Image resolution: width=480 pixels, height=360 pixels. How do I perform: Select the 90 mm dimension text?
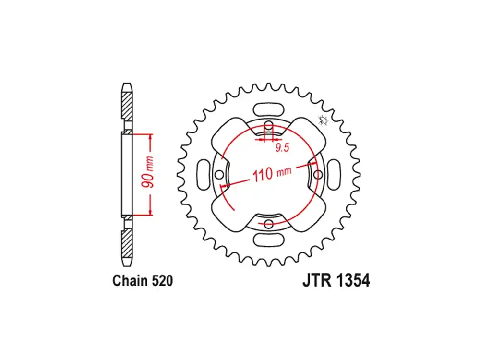pyautogui.click(x=147, y=172)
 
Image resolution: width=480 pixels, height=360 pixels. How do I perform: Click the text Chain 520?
pyautogui.click(x=143, y=281)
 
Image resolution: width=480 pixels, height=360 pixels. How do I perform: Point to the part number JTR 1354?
pyautogui.click(x=336, y=280)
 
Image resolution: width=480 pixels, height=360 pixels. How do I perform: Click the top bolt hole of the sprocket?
pyautogui.click(x=269, y=125)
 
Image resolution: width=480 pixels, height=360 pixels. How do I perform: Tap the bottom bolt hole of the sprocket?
pyautogui.click(x=268, y=224)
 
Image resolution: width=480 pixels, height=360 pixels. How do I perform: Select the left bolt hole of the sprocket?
pyautogui.click(x=219, y=175)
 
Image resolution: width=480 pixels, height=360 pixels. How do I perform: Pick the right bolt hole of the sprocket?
pyautogui.click(x=318, y=175)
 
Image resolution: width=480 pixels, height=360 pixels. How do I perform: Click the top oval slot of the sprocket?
pyautogui.click(x=268, y=109)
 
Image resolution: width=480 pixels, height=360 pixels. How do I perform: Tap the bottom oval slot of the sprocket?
pyautogui.click(x=268, y=240)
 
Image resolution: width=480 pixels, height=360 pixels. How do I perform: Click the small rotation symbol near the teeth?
pyautogui.click(x=323, y=120)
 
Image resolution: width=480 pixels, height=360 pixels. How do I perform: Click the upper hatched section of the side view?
pyautogui.click(x=127, y=106)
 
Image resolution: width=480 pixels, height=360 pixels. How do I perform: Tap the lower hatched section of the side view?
pyautogui.click(x=127, y=243)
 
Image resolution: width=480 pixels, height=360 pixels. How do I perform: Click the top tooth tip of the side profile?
pyautogui.click(x=127, y=83)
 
